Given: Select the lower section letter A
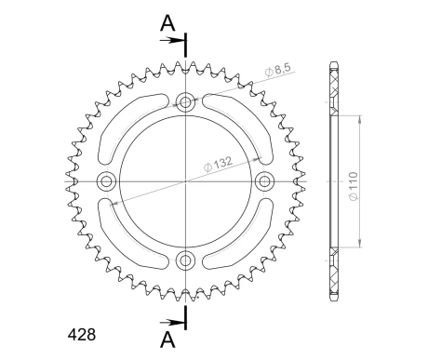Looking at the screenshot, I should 167,338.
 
